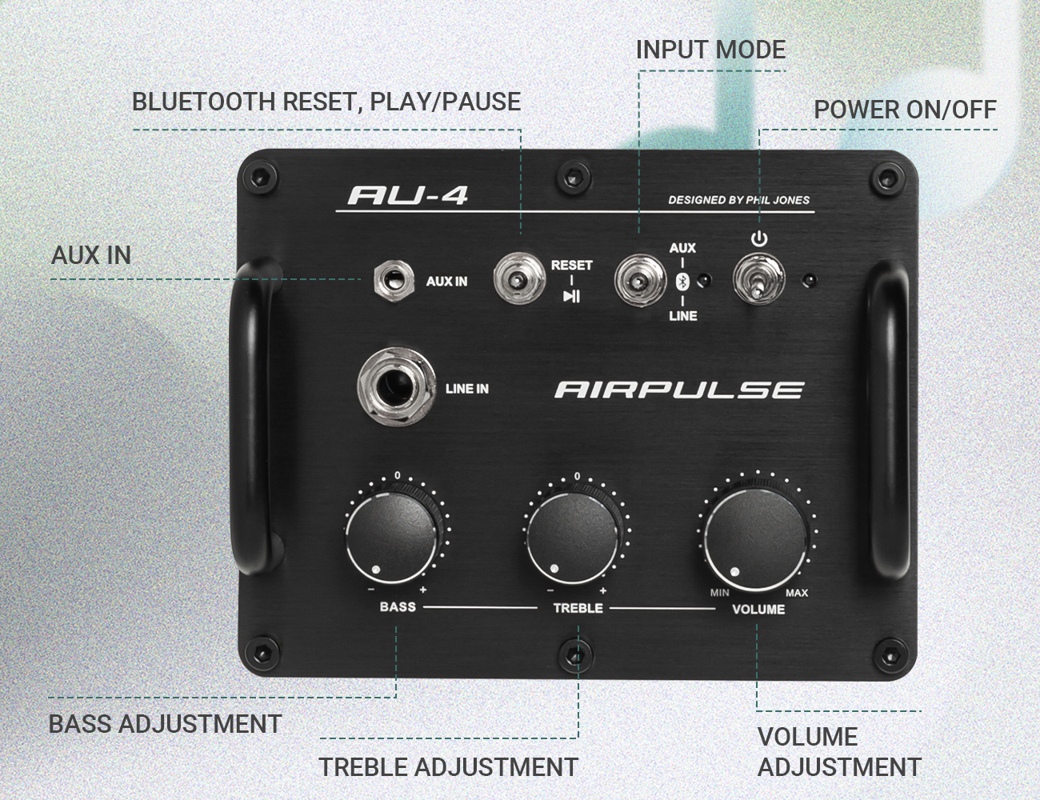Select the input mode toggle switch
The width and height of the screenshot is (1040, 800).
(x=639, y=281)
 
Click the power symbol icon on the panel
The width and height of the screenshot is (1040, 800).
(x=759, y=239)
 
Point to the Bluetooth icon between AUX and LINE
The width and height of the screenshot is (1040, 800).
(x=682, y=281)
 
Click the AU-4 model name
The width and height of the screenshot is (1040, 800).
(x=408, y=195)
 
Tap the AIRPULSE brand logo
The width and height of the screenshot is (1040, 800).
(x=678, y=390)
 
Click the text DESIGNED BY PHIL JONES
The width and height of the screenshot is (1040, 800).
(x=739, y=200)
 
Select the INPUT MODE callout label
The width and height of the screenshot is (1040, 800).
(x=710, y=50)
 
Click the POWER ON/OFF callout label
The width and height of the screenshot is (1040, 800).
(x=905, y=110)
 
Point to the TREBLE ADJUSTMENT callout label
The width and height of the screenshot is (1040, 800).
(x=448, y=767)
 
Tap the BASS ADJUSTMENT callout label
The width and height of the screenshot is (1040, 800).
(x=165, y=724)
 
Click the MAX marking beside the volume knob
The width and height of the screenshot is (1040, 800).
(x=797, y=593)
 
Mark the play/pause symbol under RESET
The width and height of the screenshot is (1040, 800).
(x=571, y=297)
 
